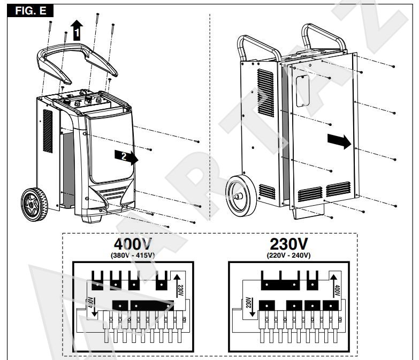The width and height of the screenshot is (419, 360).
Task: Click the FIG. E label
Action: pos(30,11)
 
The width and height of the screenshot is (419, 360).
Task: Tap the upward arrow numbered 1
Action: pos(77,30)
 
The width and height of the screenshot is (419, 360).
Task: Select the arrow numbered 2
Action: pos(126,157)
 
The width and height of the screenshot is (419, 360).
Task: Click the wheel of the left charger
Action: pos(34,205)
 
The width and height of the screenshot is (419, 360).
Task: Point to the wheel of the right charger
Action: pos(241,196)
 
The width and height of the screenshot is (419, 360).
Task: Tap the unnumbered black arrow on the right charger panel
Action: pos(339,141)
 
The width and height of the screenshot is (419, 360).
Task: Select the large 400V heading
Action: pos(133,244)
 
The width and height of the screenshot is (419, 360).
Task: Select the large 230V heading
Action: pos(288,244)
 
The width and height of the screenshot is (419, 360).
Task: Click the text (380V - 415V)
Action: pos(133,256)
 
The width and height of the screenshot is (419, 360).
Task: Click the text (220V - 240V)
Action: pos(289,256)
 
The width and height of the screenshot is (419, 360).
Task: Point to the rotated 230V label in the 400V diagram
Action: pos(180,290)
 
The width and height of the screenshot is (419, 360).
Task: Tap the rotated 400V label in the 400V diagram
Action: pos(91,302)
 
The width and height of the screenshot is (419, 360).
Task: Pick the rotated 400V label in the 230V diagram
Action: pos(337,290)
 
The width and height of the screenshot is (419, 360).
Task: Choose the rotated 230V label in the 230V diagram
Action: pos(248,302)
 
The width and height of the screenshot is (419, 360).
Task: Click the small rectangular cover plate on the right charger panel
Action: pos(303,91)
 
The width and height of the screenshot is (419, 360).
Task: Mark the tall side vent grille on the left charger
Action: pos(48,131)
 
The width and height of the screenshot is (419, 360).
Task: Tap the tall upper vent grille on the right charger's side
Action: pos(265,93)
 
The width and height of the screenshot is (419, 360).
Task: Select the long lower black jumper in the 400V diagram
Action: pos(152,305)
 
